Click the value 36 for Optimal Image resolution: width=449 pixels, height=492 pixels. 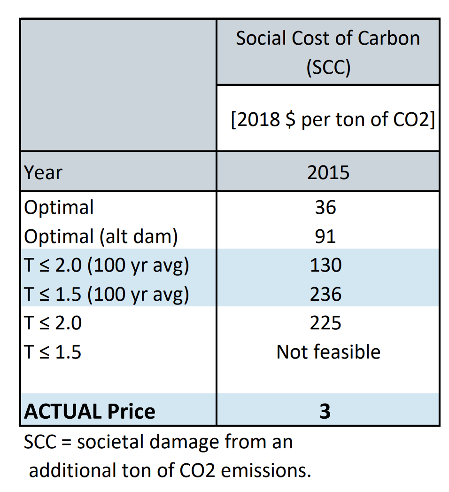pyautogui.click(x=325, y=207)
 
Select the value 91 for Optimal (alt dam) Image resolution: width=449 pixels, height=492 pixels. pyautogui.click(x=325, y=236)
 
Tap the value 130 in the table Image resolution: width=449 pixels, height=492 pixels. pyautogui.click(x=325, y=266)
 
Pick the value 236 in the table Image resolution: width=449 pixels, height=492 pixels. pyautogui.click(x=325, y=294)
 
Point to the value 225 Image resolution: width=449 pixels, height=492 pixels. pyautogui.click(x=325, y=323)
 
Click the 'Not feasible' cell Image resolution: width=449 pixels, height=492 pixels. pyautogui.click(x=328, y=351)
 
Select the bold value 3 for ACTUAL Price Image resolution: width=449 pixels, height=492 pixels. pyautogui.click(x=325, y=411)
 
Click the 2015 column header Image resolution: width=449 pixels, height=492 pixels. pyautogui.click(x=328, y=172)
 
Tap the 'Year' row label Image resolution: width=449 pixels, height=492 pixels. pyautogui.click(x=43, y=172)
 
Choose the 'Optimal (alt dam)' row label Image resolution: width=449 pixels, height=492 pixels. pyautogui.click(x=101, y=236)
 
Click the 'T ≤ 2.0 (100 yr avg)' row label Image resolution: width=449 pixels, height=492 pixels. pyautogui.click(x=107, y=266)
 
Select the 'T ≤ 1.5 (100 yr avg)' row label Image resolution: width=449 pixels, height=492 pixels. pyautogui.click(x=107, y=294)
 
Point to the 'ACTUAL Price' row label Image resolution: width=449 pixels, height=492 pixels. pyautogui.click(x=90, y=412)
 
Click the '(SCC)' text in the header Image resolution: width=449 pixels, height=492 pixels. pyautogui.click(x=328, y=68)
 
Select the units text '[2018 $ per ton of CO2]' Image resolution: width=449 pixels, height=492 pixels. pyautogui.click(x=332, y=120)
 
